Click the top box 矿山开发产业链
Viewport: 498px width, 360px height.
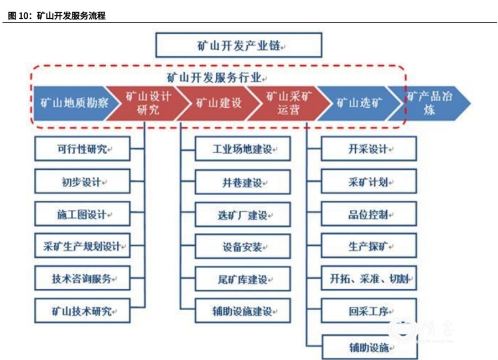[x=238, y=45]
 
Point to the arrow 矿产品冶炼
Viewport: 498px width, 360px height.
[x=429, y=103]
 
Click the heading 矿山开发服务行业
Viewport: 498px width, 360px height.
[x=215, y=78]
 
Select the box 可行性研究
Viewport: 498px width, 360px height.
[x=82, y=149]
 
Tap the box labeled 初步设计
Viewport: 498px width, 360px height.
[x=82, y=181]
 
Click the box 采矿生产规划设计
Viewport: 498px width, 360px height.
[x=82, y=246]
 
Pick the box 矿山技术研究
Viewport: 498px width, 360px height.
[x=82, y=310]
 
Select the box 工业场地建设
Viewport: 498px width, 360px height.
[x=243, y=149]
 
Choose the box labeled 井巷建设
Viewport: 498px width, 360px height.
[x=243, y=182]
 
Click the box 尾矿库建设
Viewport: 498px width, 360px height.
[x=243, y=279]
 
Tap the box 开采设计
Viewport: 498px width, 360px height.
[x=369, y=149]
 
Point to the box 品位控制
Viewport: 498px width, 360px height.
[x=369, y=214]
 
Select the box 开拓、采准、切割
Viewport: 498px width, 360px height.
[x=369, y=278]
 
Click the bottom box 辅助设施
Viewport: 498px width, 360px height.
[x=370, y=347]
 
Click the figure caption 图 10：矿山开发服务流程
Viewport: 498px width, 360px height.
[x=56, y=15]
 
